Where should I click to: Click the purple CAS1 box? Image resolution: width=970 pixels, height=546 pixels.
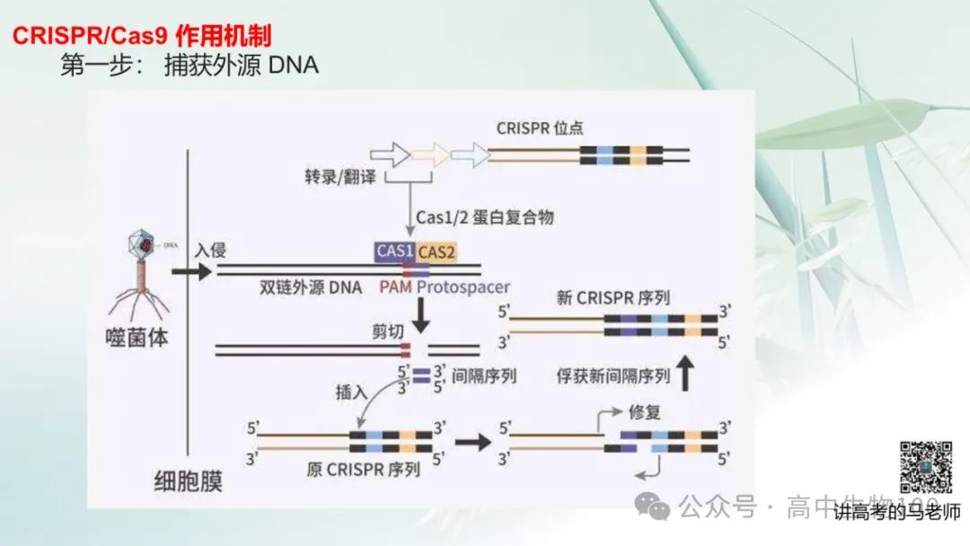coord(394,251)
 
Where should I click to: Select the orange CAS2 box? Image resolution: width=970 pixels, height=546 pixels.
coord(436,251)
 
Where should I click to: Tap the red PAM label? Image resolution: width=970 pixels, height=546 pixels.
coord(395,287)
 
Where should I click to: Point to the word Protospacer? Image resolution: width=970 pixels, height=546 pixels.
coord(463,287)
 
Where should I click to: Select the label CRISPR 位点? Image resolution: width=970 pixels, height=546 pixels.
coord(540,128)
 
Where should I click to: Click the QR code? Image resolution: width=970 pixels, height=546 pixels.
coord(926,466)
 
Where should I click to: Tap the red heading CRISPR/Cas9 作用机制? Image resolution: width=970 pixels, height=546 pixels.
coord(142,36)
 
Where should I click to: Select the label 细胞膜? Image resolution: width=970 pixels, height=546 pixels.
coord(187,481)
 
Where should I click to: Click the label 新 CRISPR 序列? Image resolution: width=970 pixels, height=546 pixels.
coord(613,297)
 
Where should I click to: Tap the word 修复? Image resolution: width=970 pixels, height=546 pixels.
coord(645,412)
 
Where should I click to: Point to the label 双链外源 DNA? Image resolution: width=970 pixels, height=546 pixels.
coord(311,287)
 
